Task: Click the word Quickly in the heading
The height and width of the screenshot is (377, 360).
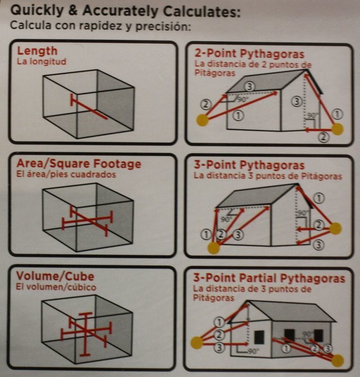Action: [x=37, y=11]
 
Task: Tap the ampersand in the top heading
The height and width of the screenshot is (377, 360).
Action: [x=73, y=10]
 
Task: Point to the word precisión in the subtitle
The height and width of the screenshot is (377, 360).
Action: [x=163, y=26]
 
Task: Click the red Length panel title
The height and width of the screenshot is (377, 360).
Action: [x=37, y=51]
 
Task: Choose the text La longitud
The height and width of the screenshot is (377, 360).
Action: [x=41, y=61]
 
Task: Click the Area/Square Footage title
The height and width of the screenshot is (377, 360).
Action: [x=79, y=164]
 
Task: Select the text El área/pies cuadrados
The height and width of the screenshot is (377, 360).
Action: [x=66, y=174]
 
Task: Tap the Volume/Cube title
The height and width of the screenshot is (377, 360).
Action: [x=55, y=276]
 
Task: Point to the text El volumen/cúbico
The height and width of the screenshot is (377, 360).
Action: [x=56, y=287]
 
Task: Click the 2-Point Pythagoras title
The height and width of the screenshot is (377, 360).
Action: [x=249, y=53]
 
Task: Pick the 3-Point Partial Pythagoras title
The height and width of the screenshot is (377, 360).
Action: [x=269, y=278]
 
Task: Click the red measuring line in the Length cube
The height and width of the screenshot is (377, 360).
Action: [x=89, y=107]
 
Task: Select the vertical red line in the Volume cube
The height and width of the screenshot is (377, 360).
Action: [x=85, y=334]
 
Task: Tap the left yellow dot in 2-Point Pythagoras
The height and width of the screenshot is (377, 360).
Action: [x=202, y=120]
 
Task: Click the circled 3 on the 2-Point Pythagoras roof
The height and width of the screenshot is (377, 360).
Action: [x=249, y=86]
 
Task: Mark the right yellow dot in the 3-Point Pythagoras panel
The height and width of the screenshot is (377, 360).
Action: [x=335, y=229]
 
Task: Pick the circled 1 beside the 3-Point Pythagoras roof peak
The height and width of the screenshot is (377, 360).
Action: [x=319, y=198]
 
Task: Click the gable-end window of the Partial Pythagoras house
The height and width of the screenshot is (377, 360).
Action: [x=259, y=337]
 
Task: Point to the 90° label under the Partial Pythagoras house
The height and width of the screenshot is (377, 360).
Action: [x=252, y=351]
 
